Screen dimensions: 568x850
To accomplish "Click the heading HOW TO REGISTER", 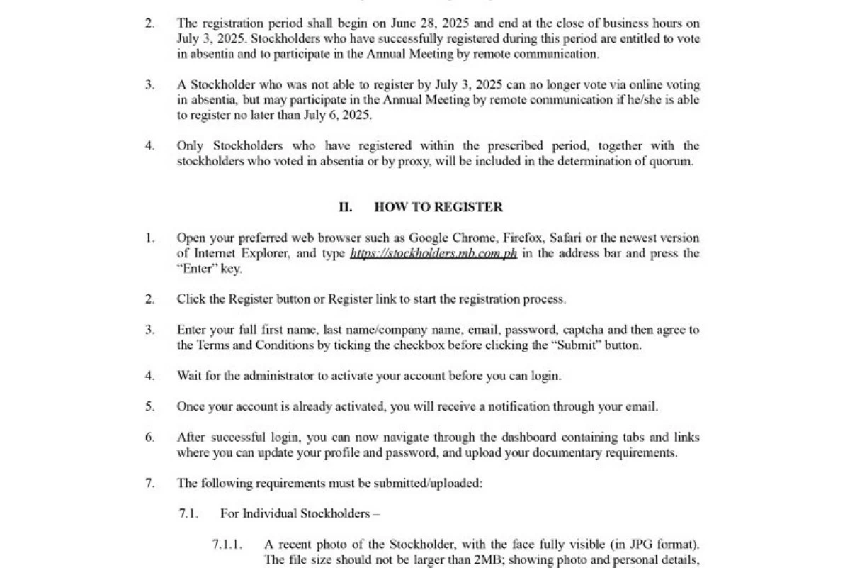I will (x=438, y=207).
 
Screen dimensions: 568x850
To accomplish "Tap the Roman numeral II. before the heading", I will (x=345, y=207).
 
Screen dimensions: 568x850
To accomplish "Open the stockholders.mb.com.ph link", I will (x=433, y=254).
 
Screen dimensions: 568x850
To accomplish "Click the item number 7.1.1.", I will (x=227, y=545).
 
